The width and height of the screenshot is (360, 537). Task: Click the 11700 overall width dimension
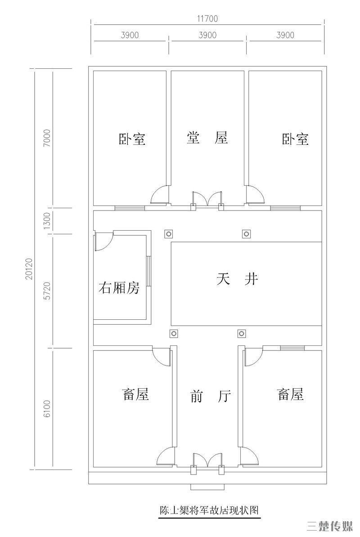[x=207, y=18]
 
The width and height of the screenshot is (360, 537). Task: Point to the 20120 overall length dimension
[x=29, y=269]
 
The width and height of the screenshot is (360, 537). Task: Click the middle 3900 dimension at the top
[x=207, y=35]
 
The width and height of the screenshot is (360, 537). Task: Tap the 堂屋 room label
[x=207, y=138]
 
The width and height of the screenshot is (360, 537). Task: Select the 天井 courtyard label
[x=237, y=279]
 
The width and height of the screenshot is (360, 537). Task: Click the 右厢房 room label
[x=119, y=288]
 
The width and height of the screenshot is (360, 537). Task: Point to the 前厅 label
[x=210, y=396]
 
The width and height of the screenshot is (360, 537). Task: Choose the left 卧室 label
[x=132, y=139]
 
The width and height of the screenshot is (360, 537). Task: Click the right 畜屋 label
[x=290, y=394]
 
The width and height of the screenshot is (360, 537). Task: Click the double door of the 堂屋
[x=207, y=199]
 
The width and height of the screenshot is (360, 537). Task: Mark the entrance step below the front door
[x=208, y=487]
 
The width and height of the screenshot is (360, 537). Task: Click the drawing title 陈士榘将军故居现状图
[x=209, y=510]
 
